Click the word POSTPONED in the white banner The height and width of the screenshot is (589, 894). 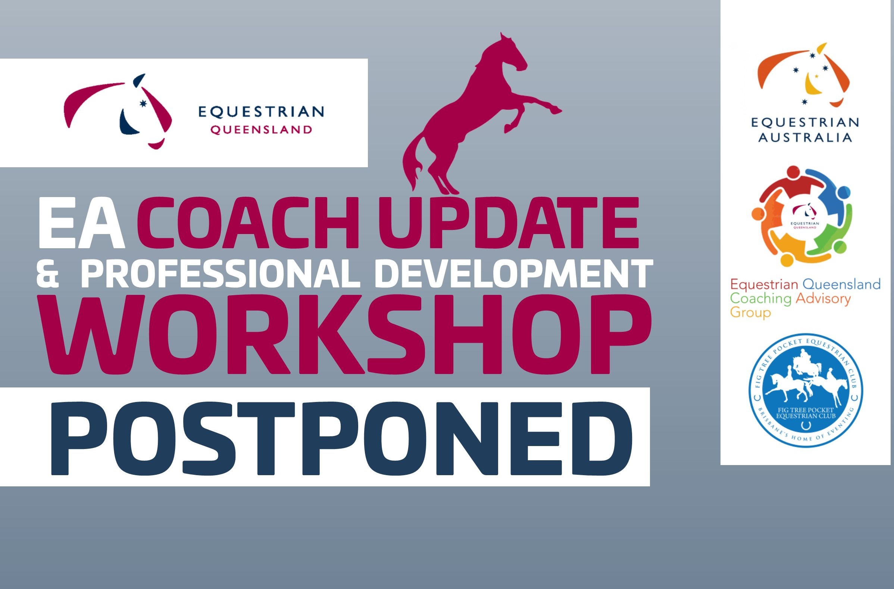coord(341,438)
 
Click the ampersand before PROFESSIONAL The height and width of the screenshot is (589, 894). coord(48,274)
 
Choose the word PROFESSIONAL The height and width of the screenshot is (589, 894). coord(221,274)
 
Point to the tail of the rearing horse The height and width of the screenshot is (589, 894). coord(413,158)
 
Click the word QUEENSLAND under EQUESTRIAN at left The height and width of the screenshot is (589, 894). coord(261,130)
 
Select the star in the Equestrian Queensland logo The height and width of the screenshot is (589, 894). coord(143,103)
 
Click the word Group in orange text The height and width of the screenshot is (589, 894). coord(750,313)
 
